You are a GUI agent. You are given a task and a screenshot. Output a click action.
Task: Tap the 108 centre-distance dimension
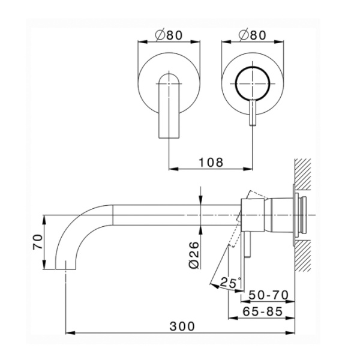(211, 162)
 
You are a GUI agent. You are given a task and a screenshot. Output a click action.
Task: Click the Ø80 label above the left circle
(169, 35)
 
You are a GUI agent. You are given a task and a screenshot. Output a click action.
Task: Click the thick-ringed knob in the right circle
(251, 84)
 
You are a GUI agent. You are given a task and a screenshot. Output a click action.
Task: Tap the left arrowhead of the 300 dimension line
(67, 332)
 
